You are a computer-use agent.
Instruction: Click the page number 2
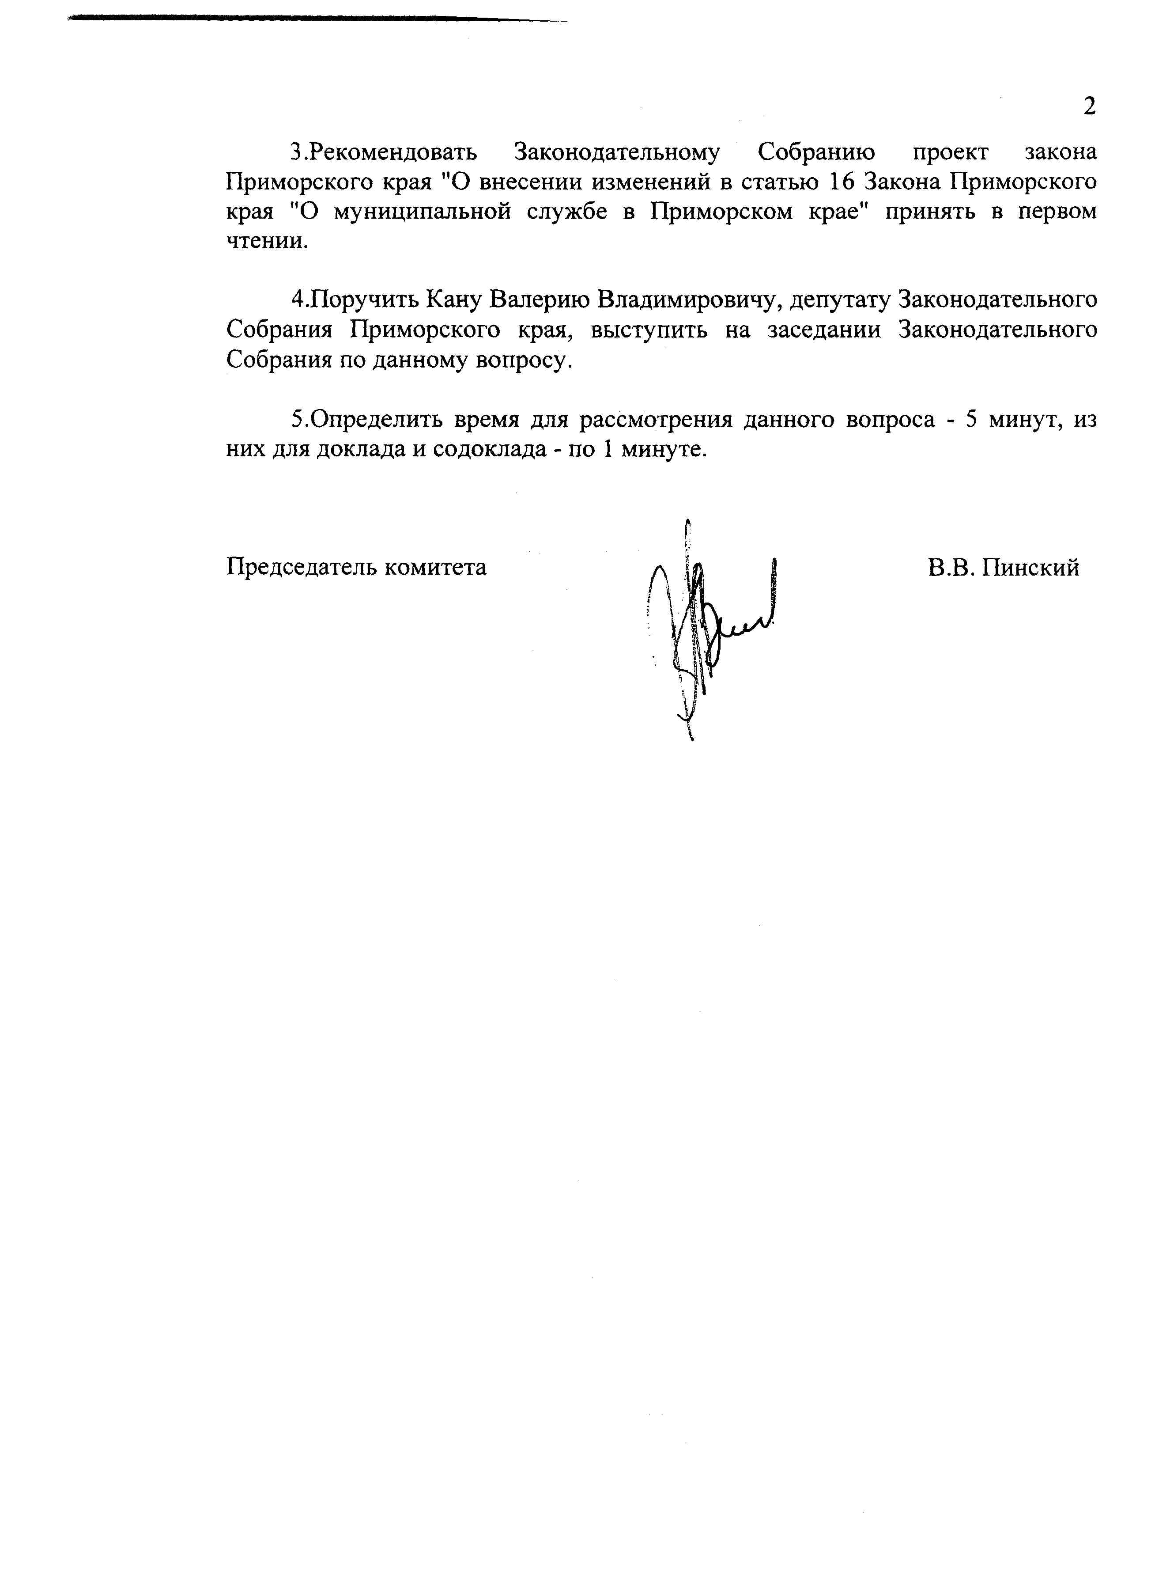pos(1089,106)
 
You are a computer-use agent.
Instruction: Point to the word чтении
pos(267,242)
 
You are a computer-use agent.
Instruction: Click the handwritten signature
pos(708,623)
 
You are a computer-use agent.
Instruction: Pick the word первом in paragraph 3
pos(1057,212)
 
